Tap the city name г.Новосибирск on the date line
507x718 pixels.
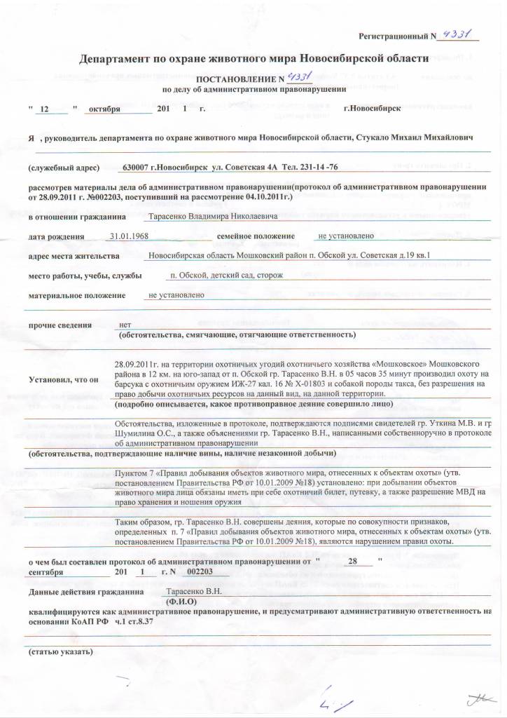[x=372, y=109]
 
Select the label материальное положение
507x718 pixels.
[x=78, y=296]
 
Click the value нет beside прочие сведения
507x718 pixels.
[x=125, y=325]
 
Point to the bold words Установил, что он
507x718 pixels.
[x=64, y=379]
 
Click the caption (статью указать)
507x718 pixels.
[x=61, y=651]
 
